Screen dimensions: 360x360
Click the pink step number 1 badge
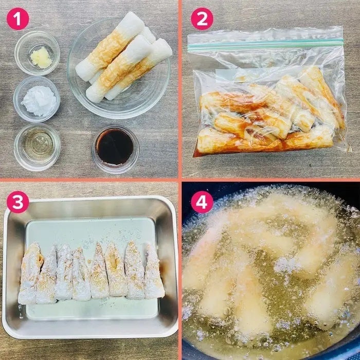tap(18, 19)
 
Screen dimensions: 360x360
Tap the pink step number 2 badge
tap(202, 19)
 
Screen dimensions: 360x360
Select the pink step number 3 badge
tap(18, 202)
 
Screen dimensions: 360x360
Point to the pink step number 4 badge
tap(202, 202)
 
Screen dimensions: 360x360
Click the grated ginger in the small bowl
tap(41, 57)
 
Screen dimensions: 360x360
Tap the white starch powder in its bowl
tap(40, 101)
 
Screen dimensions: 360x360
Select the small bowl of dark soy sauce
tap(115, 149)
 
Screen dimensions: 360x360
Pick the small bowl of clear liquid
tap(37, 147)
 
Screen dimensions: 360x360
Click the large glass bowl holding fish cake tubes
tap(118, 68)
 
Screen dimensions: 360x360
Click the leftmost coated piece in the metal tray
tap(30, 273)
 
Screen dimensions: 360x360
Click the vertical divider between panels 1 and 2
tap(180, 89)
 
